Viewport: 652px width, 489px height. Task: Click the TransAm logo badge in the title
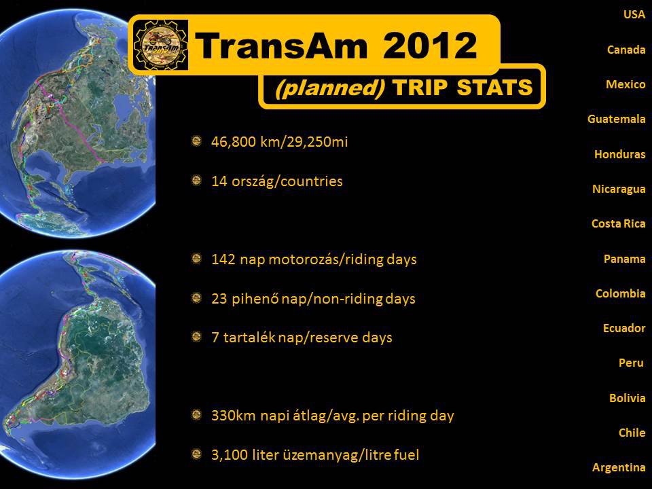click(x=161, y=45)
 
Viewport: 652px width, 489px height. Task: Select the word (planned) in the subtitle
click(x=330, y=88)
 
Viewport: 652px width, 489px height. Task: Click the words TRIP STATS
click(x=463, y=88)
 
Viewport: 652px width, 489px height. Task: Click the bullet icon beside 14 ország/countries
click(x=196, y=181)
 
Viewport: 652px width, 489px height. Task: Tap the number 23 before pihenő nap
click(x=219, y=299)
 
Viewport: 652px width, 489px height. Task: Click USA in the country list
click(x=634, y=14)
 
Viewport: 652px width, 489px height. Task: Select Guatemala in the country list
click(x=616, y=120)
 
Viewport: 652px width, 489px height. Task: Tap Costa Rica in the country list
click(x=618, y=223)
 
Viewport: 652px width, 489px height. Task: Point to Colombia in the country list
click(x=620, y=293)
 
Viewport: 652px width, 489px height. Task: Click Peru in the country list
click(x=631, y=363)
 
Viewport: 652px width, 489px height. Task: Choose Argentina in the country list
click(x=619, y=468)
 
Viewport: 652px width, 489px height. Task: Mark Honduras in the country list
click(x=619, y=154)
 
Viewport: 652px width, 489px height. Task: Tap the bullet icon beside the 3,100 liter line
click(x=196, y=454)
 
